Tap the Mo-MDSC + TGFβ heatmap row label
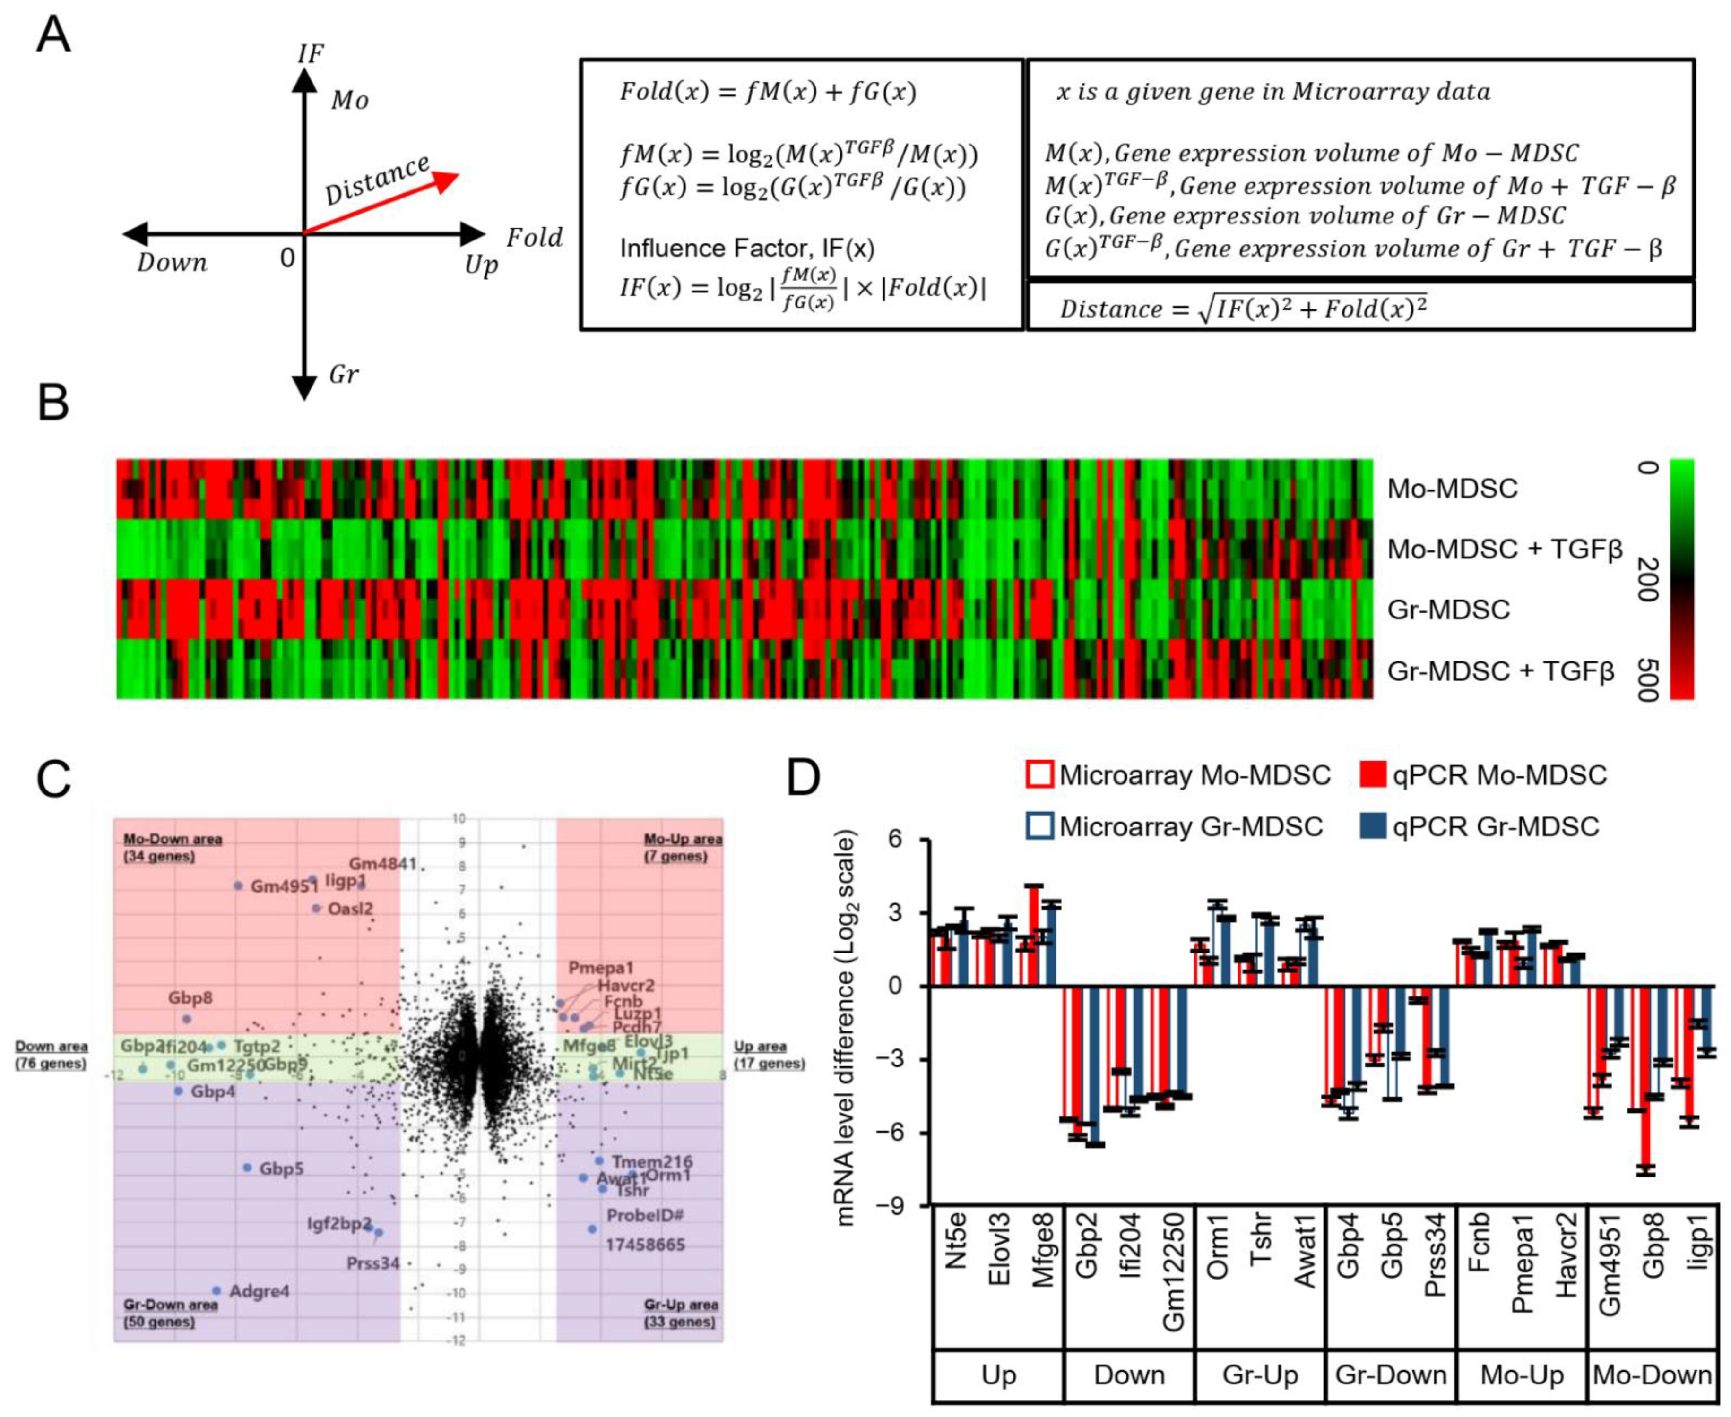pyautogui.click(x=1504, y=550)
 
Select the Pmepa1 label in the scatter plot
pyautogui.click(x=601, y=968)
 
